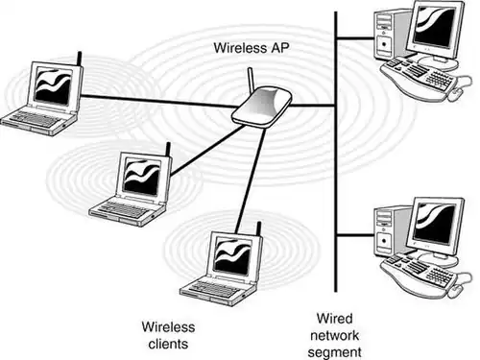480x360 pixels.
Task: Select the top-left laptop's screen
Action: [x=51, y=85]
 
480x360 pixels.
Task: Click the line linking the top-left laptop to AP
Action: [x=154, y=100]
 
